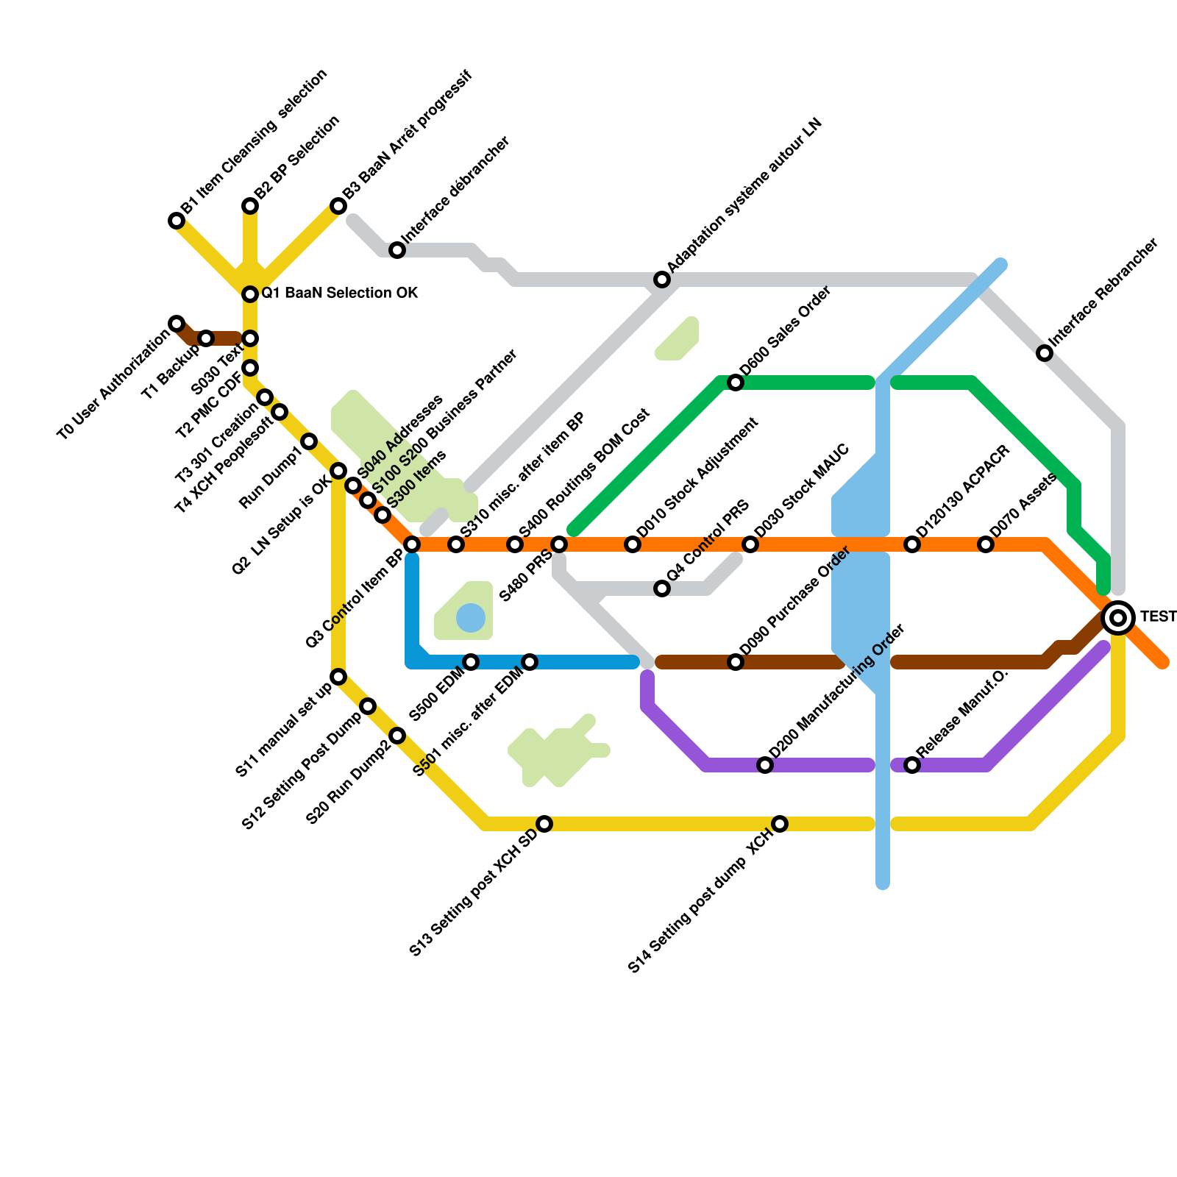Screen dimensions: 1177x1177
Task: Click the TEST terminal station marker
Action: (x=1118, y=618)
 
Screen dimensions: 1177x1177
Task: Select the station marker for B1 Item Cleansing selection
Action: (x=177, y=221)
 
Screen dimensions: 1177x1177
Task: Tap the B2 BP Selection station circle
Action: (x=250, y=206)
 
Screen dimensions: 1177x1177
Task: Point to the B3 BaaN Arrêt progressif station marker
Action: (x=338, y=206)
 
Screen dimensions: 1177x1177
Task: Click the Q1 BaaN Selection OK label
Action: (x=340, y=294)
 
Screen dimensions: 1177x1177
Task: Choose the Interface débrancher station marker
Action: (x=397, y=250)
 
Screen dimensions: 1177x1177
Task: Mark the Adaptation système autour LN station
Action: (x=662, y=280)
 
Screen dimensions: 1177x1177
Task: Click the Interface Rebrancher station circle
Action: (x=1045, y=353)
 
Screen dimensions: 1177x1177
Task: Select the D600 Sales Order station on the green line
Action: (x=736, y=383)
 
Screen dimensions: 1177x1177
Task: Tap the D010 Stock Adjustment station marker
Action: (x=633, y=544)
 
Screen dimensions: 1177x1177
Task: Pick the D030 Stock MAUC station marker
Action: (x=750, y=544)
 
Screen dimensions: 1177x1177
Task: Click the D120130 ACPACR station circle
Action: (x=912, y=544)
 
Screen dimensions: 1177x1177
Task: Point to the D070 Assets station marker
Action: (x=986, y=544)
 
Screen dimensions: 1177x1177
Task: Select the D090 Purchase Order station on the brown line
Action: (x=736, y=662)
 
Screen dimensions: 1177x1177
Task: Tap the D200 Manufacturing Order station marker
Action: (x=765, y=765)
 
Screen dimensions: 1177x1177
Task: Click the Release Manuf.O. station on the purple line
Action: (x=912, y=765)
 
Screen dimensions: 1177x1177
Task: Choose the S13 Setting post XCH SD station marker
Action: (x=544, y=824)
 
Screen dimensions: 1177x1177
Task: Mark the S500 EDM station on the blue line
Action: (x=471, y=662)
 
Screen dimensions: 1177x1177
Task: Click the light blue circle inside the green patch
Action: (x=471, y=618)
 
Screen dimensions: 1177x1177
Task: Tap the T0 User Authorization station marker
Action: (x=177, y=324)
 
